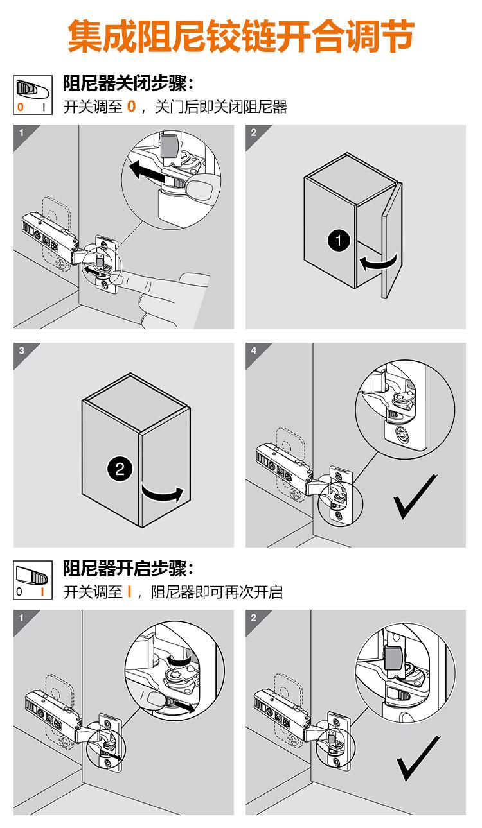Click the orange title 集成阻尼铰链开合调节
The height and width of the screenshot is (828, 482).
coord(240,36)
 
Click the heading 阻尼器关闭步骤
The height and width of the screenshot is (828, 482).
coord(125,83)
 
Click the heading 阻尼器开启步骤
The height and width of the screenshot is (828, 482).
coord(125,568)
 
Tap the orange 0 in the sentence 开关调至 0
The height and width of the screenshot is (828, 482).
coord(131,107)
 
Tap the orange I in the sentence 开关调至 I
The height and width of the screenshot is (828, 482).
coord(129,592)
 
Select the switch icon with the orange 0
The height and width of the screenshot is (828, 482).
coord(33,95)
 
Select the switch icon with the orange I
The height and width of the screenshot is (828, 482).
coord(33,580)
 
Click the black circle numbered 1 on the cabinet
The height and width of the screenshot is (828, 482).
coord(339,241)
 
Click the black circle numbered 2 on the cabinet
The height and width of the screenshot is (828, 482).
coord(119,470)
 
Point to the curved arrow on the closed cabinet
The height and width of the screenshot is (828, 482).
coord(163,495)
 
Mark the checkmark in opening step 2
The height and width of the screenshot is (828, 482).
coord(418,759)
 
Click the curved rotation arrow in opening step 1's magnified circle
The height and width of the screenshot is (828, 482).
coord(179,659)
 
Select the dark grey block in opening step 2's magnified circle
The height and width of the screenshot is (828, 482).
coord(395,658)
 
